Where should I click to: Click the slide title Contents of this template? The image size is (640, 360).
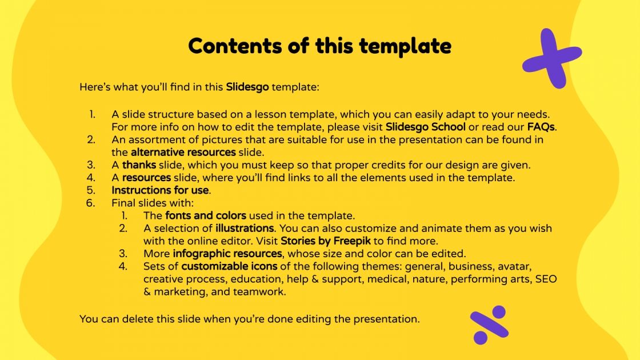319,46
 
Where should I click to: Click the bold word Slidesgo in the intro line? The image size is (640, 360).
247,87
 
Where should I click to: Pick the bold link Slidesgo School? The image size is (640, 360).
426,127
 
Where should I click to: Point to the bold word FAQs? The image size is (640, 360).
541,127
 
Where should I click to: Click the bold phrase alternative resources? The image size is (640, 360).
183,153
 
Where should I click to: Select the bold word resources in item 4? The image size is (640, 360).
146,178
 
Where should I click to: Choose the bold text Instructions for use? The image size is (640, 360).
161,190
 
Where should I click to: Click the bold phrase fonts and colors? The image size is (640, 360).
206,215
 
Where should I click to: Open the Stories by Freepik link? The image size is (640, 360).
323,241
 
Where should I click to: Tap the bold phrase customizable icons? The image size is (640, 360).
229,266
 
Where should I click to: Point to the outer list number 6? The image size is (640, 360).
90,203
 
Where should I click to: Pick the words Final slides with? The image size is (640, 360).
153,203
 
